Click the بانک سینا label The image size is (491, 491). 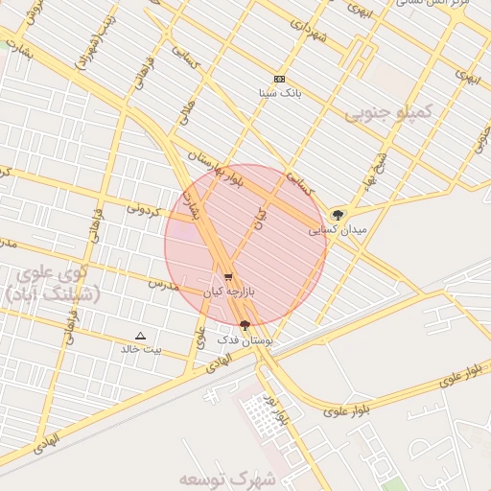pos(280,94)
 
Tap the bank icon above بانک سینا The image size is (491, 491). pos(279,79)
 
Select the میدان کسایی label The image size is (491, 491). pos(337,230)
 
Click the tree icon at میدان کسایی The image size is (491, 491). pos(337,215)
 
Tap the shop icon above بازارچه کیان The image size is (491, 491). pos(228,277)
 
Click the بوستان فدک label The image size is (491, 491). pos(245,339)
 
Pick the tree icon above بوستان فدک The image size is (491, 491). pos(245,325)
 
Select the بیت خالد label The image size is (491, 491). pos(141,349)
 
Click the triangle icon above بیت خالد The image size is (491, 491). pos(141,336)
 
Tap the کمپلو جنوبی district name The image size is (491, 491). pos(389,113)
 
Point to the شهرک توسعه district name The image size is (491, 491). pos(226,477)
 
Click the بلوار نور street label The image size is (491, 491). pos(277,409)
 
